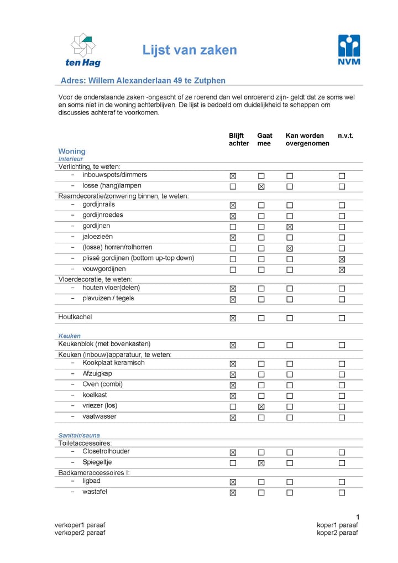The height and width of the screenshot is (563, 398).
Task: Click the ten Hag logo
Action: [x=83, y=49]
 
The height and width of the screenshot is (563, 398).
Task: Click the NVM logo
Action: [x=349, y=49]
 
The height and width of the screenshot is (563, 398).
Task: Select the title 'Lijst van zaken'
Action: [x=190, y=50]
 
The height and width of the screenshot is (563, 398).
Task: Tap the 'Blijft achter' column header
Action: [x=239, y=139]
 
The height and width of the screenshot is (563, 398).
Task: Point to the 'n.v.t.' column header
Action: [x=345, y=135]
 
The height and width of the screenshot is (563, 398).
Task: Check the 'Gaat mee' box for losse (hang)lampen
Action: [x=261, y=186]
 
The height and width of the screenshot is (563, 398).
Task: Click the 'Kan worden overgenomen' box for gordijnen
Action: [x=289, y=227]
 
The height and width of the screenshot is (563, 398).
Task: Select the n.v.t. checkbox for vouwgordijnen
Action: [x=342, y=270]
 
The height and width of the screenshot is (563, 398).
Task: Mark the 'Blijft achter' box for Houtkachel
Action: [x=233, y=318]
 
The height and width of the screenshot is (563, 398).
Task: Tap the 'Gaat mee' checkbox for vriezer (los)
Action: [x=261, y=406]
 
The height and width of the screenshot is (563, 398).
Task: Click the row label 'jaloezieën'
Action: [x=97, y=237]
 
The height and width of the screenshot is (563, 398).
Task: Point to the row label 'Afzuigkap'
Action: [x=97, y=373]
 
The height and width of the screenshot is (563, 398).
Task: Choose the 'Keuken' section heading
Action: [x=70, y=336]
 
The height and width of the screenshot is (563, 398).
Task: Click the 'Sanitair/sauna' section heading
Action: [x=79, y=435]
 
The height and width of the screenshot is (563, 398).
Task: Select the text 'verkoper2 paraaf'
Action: [x=80, y=533]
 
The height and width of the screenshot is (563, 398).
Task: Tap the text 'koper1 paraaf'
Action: [x=337, y=525]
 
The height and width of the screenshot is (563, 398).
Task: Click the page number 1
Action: [x=358, y=517]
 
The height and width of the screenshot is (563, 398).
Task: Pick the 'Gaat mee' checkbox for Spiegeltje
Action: [x=261, y=463]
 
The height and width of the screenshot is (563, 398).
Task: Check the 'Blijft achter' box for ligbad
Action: [x=233, y=482]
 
